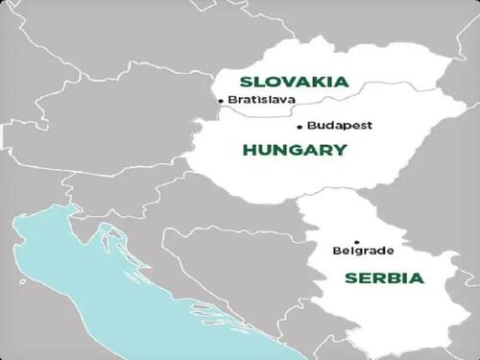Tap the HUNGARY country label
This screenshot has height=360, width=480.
tap(295, 151)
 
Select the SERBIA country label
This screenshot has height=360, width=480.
tap(383, 278)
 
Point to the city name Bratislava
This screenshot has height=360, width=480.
tap(262, 100)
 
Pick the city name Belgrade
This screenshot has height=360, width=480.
tap(363, 252)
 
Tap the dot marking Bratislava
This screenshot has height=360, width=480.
tap(221, 100)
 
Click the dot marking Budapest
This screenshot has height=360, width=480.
tap(300, 126)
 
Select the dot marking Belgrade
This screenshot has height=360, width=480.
tap(356, 242)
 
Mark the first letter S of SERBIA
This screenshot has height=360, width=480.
tap(350, 278)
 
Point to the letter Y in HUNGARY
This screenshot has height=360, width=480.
tap(340, 151)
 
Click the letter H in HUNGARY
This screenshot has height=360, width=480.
tap(250, 151)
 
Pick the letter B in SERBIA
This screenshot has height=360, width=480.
tap(394, 278)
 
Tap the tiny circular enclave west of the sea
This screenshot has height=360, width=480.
tap(22, 283)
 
